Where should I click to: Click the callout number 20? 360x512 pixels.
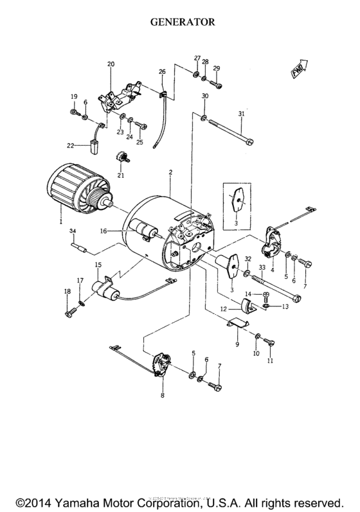click(110, 64)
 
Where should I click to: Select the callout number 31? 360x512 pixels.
click(241, 115)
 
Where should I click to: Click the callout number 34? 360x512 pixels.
click(73, 231)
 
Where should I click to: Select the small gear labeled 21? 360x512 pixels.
click(120, 157)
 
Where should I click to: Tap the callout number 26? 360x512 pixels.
click(162, 71)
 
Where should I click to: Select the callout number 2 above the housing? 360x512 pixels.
click(170, 173)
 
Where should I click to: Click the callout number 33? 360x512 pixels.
click(262, 267)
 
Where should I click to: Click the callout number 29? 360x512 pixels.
click(217, 69)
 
